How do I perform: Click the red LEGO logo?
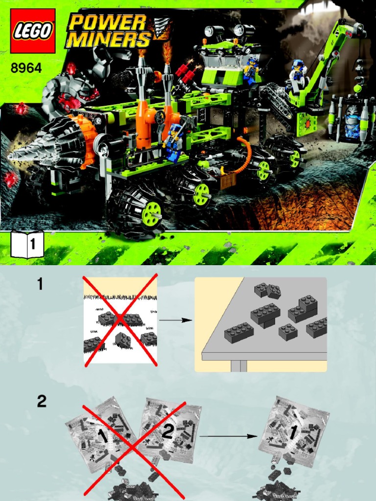click(33, 31)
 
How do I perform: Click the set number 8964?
click(26, 68)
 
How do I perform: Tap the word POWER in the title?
click(107, 23)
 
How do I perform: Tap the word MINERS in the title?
click(109, 39)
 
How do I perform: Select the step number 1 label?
click(40, 284)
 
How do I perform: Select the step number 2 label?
click(42, 401)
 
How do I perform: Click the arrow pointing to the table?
click(175, 320)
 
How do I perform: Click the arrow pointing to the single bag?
click(228, 436)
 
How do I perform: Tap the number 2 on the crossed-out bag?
click(168, 432)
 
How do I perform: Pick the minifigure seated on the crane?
click(297, 75)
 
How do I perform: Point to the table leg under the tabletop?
click(239, 366)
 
